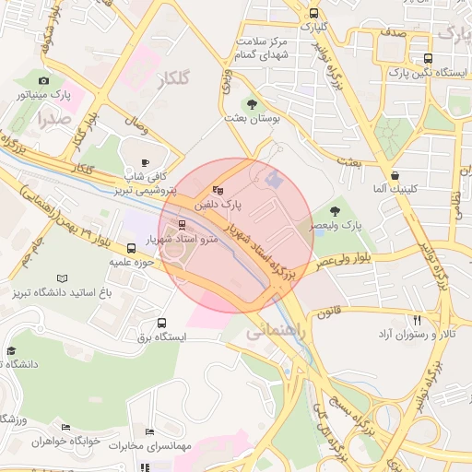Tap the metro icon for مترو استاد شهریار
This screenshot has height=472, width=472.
(181, 224)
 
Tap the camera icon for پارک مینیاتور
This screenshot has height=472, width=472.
(43, 81)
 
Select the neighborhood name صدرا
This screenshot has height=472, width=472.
(53, 119)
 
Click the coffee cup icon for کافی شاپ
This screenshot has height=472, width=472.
(145, 162)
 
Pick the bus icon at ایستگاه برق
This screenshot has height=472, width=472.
(162, 324)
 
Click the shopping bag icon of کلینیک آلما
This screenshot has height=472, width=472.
(395, 174)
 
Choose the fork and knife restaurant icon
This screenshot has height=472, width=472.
(418, 320)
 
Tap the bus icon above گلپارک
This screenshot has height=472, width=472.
(314, 14)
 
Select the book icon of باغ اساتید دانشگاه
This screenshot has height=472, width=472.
(62, 277)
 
